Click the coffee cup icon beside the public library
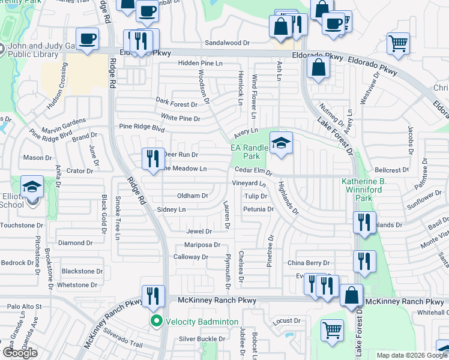pyautogui.click(x=88, y=39)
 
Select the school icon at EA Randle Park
pyautogui.click(x=280, y=143)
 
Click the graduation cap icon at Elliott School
pyautogui.click(x=32, y=187)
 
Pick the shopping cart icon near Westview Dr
pyautogui.click(x=398, y=43)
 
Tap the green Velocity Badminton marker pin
pyautogui.click(x=157, y=322)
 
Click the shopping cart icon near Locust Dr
pyautogui.click(x=332, y=330)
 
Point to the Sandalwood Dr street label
pyautogui.click(x=227, y=43)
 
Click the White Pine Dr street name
pyautogui.click(x=180, y=119)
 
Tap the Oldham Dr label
pyautogui.click(x=192, y=196)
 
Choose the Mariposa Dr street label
pyautogui.click(x=202, y=245)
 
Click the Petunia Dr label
pyautogui.click(x=258, y=209)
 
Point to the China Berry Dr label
pyautogui.click(x=309, y=263)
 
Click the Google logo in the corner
pyautogui.click(x=20, y=353)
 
